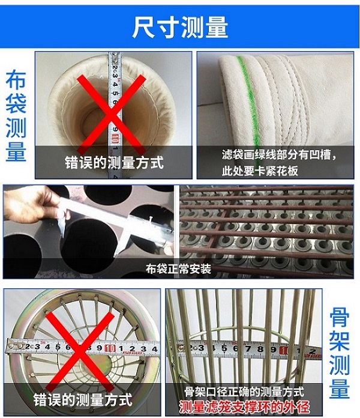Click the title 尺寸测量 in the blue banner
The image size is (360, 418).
(x=180, y=27)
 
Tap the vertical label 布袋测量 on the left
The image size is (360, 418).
(x=16, y=115)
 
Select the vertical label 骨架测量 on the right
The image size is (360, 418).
(x=339, y=353)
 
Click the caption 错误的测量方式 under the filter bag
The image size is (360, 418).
(x=114, y=162)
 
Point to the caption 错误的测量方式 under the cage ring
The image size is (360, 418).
(x=83, y=399)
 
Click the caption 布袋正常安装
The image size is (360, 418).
(x=178, y=269)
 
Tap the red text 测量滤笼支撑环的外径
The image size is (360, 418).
(x=244, y=407)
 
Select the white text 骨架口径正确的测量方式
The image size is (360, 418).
(x=244, y=392)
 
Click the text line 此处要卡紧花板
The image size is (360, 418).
(x=260, y=171)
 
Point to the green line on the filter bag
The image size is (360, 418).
(x=249, y=107)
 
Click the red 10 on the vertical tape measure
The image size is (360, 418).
(x=115, y=138)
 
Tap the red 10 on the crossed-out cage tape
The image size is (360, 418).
(x=110, y=348)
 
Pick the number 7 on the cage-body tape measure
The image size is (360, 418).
(x=248, y=349)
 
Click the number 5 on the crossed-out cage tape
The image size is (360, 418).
(x=58, y=347)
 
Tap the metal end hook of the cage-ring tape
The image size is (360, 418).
(x=14, y=346)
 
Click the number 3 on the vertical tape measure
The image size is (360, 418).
(x=115, y=76)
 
